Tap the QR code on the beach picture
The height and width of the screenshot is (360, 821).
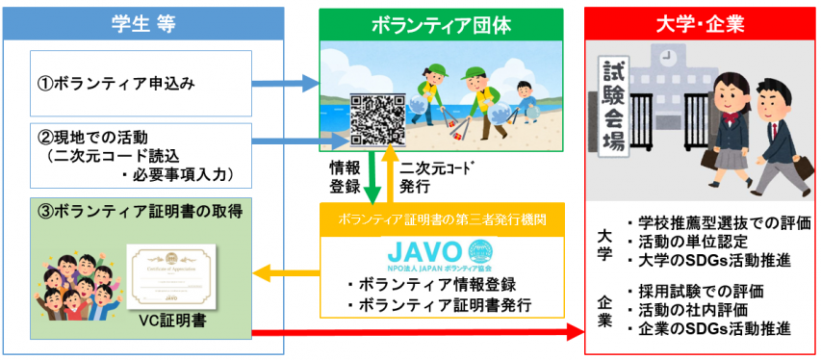coord(378,118)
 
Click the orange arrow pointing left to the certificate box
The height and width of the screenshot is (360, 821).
coord(289,274)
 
